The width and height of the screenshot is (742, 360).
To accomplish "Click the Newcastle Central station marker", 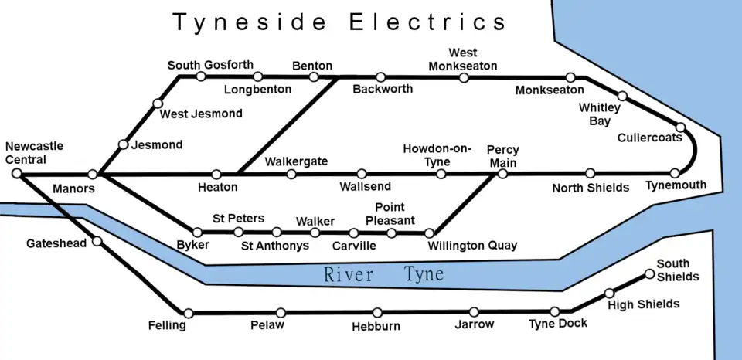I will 16,174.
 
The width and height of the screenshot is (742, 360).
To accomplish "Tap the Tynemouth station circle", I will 676,174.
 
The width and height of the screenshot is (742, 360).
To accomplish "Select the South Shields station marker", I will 649,273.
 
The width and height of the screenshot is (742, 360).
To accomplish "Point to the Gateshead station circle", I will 97,242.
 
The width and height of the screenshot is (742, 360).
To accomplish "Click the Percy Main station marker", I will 502,174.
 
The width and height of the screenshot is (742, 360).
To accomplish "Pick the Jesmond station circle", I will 123,144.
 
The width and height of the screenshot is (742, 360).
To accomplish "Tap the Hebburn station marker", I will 377,313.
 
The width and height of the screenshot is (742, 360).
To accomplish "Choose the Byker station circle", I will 198,232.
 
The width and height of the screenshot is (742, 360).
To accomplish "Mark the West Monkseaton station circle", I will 464,77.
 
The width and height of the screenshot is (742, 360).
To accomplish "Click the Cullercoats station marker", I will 681,127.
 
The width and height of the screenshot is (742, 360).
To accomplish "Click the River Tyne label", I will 383,274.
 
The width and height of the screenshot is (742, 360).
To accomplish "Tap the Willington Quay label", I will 471,246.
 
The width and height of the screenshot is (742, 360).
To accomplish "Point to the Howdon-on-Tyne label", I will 437,155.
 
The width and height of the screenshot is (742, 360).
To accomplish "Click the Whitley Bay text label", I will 599,114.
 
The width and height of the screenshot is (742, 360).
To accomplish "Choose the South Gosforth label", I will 210,65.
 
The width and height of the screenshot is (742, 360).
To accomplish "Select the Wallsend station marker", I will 362,174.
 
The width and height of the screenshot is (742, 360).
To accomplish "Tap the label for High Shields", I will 643,304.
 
